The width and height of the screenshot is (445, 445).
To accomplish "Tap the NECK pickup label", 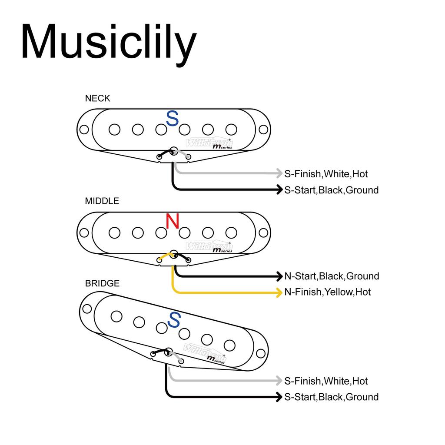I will [97, 98].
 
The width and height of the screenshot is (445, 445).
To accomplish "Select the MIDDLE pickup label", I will [102, 201].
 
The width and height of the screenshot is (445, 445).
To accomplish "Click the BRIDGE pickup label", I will [102, 283].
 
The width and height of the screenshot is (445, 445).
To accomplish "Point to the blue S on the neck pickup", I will [173, 119].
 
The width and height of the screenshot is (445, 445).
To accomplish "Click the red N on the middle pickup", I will [173, 222].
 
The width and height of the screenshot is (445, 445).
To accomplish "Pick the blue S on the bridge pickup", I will [174, 320].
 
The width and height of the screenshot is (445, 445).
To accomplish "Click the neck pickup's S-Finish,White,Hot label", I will [326, 174].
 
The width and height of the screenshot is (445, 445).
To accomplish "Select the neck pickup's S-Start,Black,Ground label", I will [331, 190].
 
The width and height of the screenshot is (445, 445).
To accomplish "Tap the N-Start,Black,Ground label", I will [332, 276].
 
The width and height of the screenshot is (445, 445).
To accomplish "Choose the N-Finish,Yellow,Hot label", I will [327, 292].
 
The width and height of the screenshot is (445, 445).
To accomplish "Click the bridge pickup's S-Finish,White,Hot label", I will [326, 381].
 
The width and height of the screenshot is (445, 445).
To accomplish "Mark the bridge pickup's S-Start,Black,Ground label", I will [331, 397].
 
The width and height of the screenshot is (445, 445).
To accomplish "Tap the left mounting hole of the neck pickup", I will [84, 130].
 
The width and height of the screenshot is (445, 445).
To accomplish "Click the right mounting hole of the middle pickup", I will [263, 232].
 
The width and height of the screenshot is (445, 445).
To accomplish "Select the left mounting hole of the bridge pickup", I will [87, 309].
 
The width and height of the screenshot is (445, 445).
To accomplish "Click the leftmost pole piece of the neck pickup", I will [115, 130].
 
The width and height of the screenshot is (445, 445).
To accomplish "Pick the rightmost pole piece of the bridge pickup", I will [229, 345].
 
